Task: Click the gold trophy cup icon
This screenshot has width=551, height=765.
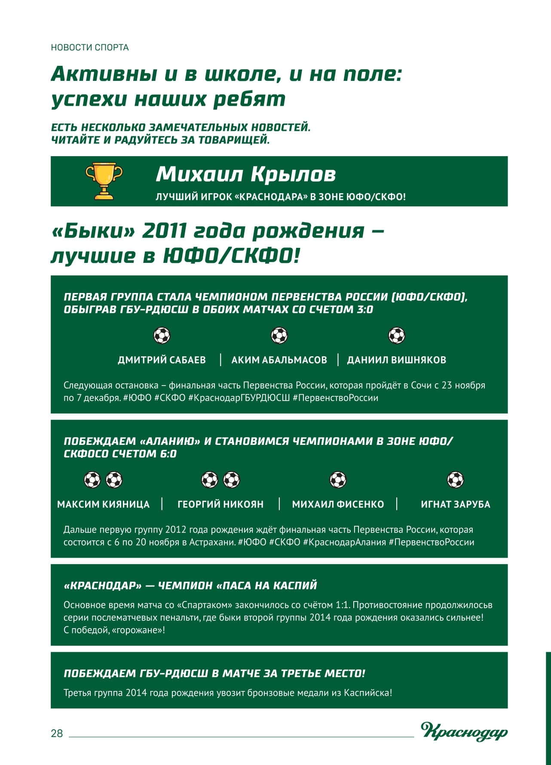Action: click(x=104, y=181)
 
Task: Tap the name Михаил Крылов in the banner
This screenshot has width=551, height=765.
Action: click(x=245, y=174)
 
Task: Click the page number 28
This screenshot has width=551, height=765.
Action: click(x=57, y=733)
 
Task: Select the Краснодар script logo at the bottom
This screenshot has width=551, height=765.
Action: click(x=464, y=731)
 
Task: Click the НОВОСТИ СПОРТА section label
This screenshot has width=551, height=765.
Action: click(x=90, y=47)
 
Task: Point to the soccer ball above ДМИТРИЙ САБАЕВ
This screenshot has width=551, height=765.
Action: click(x=162, y=336)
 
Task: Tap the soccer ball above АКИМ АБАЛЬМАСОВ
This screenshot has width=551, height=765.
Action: click(x=279, y=336)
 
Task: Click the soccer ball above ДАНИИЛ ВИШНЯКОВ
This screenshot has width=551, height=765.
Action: click(x=397, y=336)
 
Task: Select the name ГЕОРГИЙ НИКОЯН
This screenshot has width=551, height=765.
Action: click(x=220, y=504)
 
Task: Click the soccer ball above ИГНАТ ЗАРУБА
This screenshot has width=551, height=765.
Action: click(x=456, y=480)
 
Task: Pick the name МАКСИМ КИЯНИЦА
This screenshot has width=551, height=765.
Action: click(x=103, y=504)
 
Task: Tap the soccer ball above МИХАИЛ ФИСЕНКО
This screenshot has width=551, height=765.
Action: click(x=338, y=480)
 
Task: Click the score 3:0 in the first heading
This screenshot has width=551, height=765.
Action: click(x=365, y=309)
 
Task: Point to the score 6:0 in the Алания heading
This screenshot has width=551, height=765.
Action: click(x=168, y=454)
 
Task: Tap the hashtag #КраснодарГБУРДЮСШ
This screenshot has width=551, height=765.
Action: click(x=239, y=398)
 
